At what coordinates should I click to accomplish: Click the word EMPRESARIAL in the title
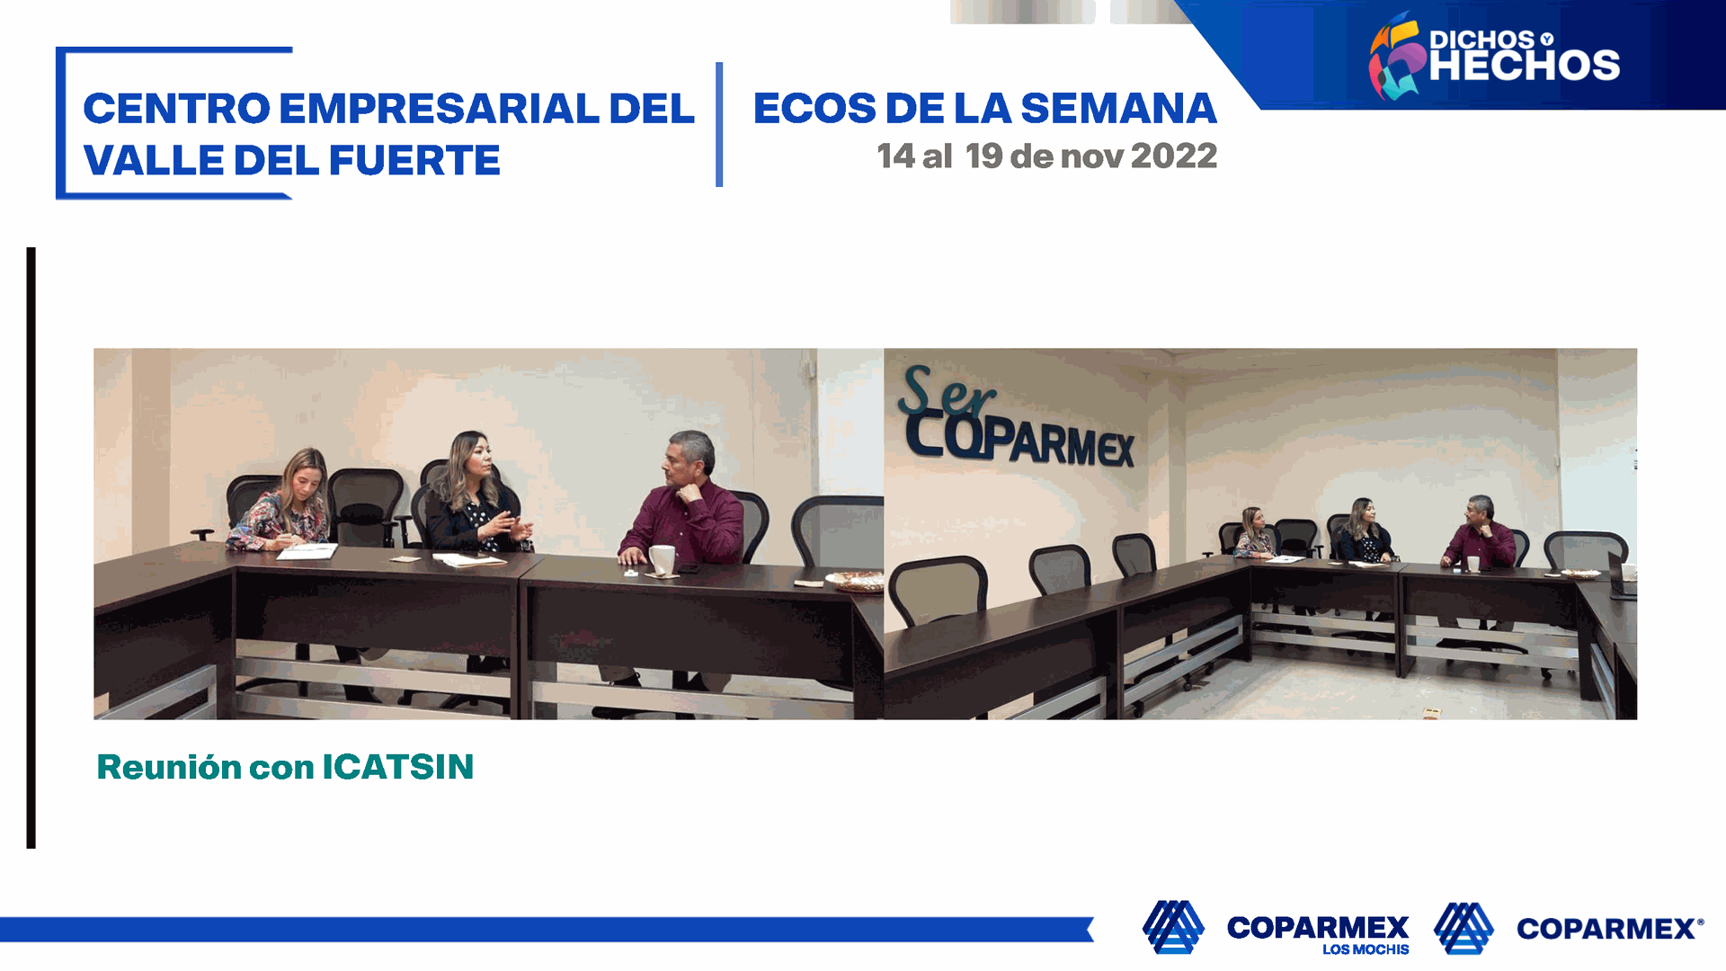click(x=440, y=109)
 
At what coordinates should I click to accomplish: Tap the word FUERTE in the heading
click(x=414, y=161)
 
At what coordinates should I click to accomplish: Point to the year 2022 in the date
click(x=1174, y=156)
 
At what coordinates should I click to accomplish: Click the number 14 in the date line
click(x=895, y=156)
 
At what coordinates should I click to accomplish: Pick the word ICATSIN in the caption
click(x=398, y=767)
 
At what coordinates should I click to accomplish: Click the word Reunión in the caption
click(x=169, y=767)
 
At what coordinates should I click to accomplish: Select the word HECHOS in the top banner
click(x=1525, y=66)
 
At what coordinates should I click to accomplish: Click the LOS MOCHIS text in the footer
click(x=1366, y=949)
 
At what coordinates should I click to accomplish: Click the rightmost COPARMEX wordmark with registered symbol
click(x=1609, y=929)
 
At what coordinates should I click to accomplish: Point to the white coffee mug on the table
click(x=662, y=559)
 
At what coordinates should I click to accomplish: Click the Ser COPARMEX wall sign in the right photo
click(x=1016, y=416)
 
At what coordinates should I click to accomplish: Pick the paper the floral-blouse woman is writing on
click(x=307, y=551)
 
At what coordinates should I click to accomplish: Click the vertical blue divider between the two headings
click(x=719, y=124)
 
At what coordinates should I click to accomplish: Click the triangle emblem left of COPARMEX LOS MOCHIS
click(x=1173, y=927)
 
